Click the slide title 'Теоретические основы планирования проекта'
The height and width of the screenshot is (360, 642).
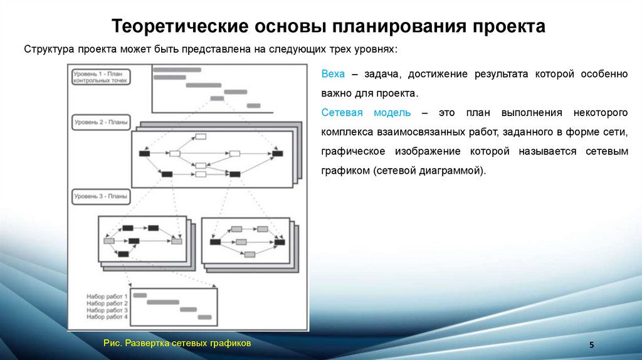[x=329, y=27]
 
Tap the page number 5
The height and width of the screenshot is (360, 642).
[x=592, y=346]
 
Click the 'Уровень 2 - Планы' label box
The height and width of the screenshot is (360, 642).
[x=100, y=122]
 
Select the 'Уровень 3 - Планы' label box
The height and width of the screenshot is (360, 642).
[x=100, y=196]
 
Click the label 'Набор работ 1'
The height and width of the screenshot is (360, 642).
[x=107, y=296]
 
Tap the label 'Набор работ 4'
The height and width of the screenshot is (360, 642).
[x=107, y=317]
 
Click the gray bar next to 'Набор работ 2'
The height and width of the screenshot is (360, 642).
[x=162, y=302]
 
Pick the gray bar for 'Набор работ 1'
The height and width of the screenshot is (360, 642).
[x=140, y=295]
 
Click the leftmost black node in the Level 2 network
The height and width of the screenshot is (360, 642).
[x=145, y=153]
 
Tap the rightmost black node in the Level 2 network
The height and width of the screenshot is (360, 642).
[x=276, y=153]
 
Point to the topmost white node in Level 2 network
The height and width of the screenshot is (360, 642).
[x=201, y=136]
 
